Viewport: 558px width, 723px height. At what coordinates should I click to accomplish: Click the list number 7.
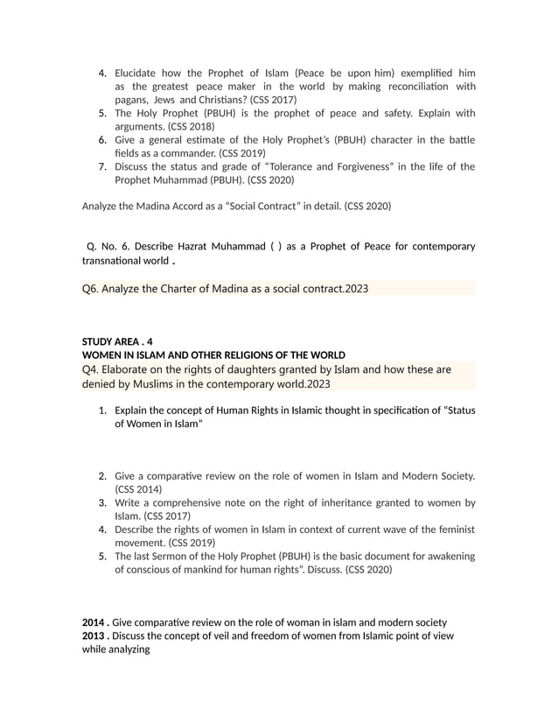tap(102, 166)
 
